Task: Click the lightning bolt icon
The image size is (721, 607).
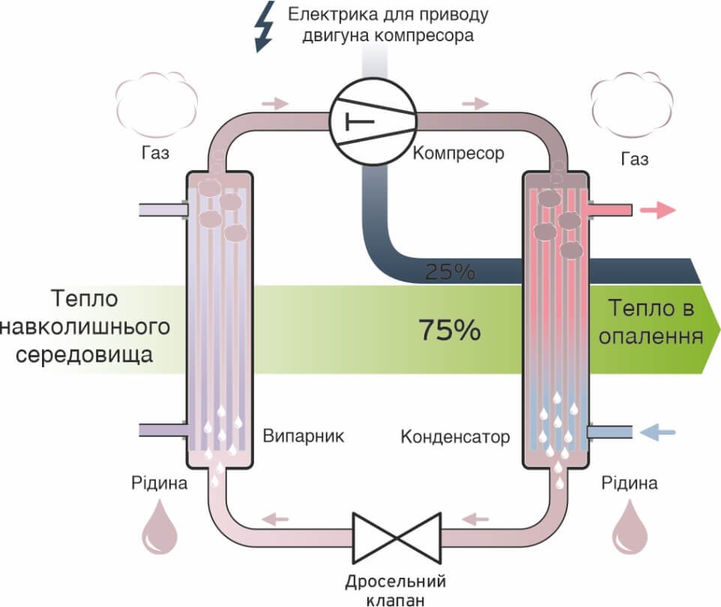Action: click(265, 28)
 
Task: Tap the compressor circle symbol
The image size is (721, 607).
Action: click(372, 121)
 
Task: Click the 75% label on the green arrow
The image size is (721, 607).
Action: click(449, 329)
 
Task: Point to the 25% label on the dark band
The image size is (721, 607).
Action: click(450, 272)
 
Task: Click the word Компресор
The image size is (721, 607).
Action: click(459, 154)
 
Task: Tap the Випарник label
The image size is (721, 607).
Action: click(304, 436)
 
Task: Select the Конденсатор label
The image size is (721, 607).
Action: click(455, 436)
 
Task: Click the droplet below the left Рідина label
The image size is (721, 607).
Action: click(160, 528)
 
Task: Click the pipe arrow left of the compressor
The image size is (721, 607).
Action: click(276, 103)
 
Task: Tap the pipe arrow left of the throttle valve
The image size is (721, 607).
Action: click(277, 517)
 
